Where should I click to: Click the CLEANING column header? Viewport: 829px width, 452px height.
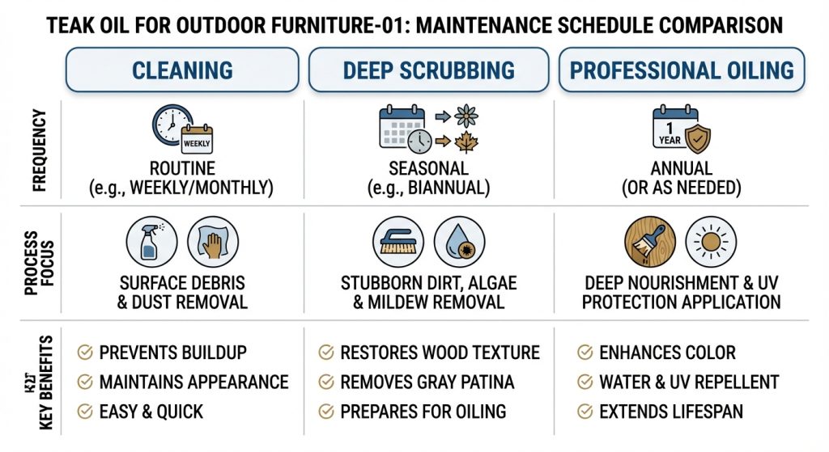(182, 70)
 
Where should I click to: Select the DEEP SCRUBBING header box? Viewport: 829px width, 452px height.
(428, 70)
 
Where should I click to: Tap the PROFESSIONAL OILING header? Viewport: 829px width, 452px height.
(682, 70)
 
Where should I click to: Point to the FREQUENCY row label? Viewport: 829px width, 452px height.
(40, 150)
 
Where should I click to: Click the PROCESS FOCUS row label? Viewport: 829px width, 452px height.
(40, 263)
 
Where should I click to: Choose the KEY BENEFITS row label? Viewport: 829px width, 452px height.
(46, 382)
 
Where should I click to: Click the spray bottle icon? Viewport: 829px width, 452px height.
(151, 242)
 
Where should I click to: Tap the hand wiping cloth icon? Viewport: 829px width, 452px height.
(213, 242)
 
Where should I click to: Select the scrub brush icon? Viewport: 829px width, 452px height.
(398, 242)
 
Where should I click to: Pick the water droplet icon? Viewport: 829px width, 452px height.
(460, 242)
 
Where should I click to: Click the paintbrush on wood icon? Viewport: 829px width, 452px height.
(650, 242)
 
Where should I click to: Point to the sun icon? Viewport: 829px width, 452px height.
(711, 242)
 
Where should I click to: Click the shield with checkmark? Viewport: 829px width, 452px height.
(697, 138)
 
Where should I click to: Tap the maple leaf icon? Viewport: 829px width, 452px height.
(466, 142)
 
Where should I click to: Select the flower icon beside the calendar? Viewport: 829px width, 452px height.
(466, 116)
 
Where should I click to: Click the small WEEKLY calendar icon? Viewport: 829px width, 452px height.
(197, 140)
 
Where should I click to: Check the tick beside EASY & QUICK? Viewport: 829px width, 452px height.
(85, 412)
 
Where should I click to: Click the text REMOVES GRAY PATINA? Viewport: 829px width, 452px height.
(427, 382)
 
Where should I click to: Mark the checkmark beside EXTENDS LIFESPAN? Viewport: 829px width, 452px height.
(585, 412)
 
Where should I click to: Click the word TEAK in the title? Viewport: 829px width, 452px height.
(69, 25)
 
